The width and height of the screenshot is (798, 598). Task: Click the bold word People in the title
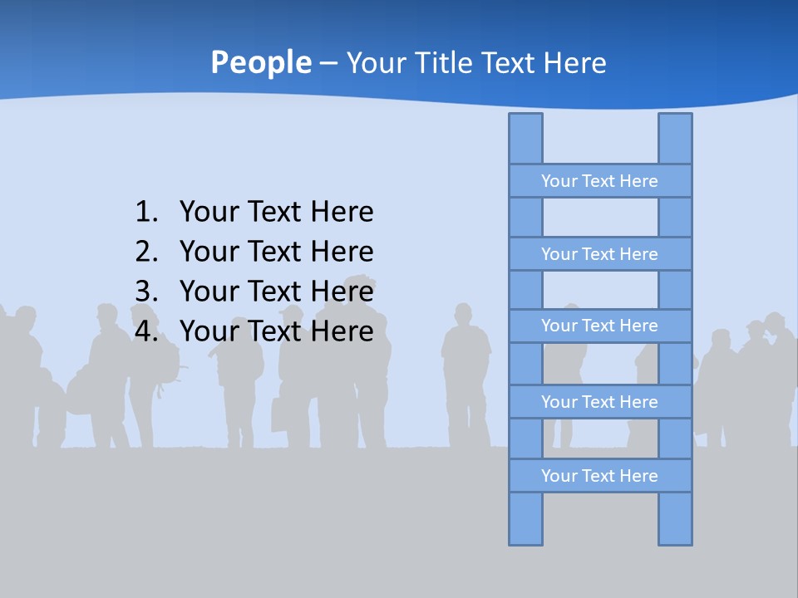click(260, 62)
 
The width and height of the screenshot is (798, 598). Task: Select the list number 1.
click(145, 212)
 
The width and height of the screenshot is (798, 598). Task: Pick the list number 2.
click(145, 252)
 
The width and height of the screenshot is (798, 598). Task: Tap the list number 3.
click(145, 292)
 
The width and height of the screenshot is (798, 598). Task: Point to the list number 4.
click(145, 331)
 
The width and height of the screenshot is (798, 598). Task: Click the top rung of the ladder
click(599, 181)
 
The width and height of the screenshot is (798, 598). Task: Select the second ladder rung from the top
click(599, 254)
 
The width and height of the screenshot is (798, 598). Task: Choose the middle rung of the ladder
click(599, 326)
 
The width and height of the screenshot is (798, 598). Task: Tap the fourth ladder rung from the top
click(599, 402)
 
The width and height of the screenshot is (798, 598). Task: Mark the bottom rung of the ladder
click(599, 476)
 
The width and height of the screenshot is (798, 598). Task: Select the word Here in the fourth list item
click(342, 331)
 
